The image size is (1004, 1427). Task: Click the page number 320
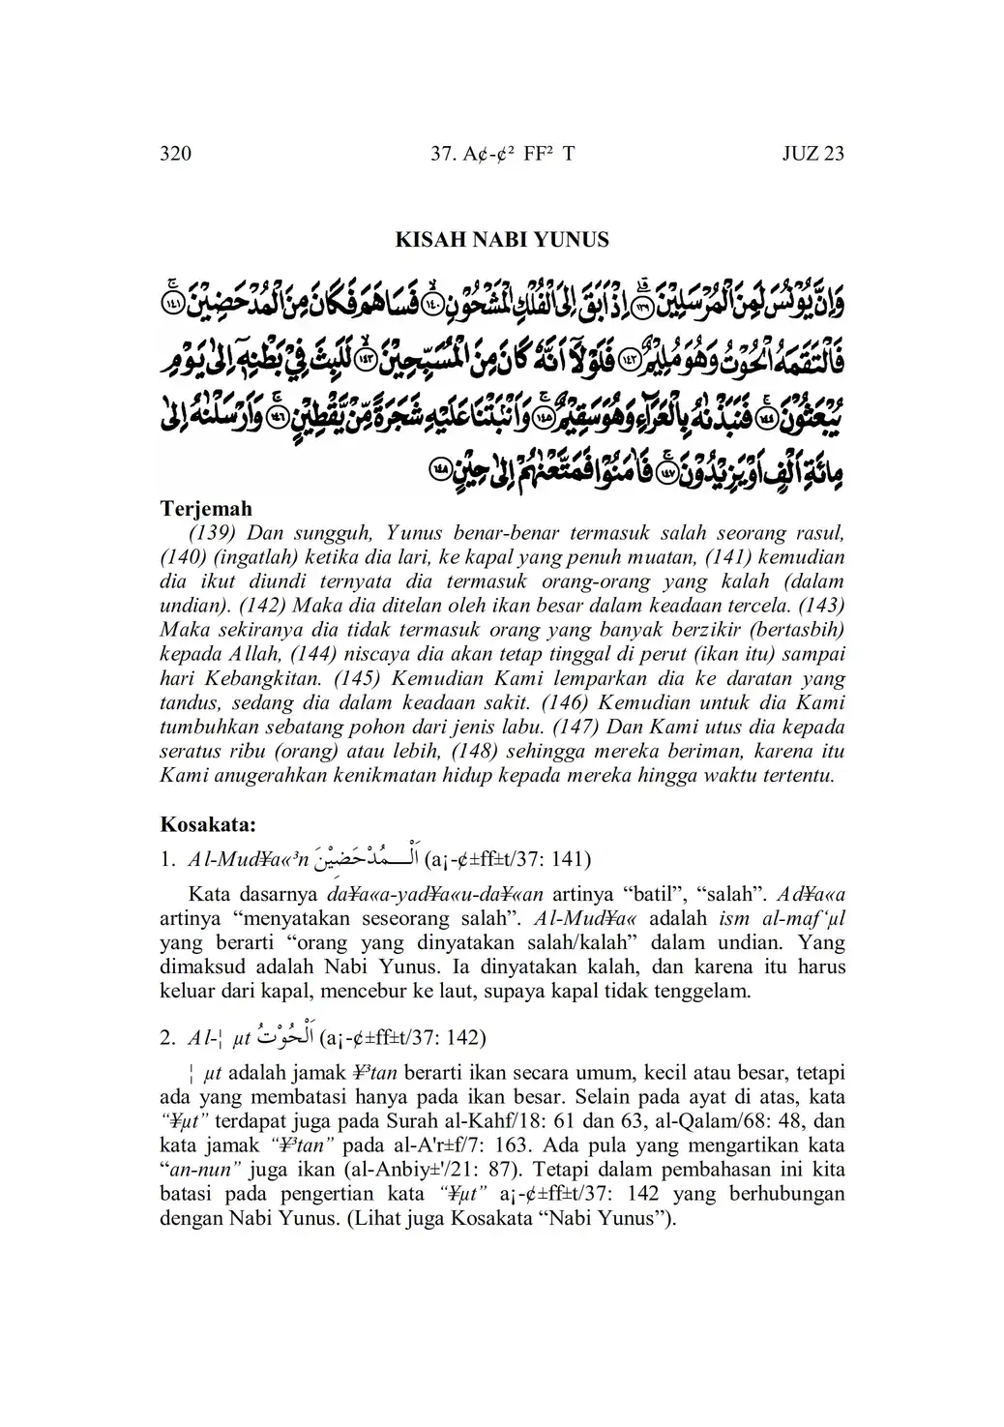point(175,154)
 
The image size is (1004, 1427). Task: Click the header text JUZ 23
point(812,154)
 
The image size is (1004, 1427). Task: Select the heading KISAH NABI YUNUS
point(502,240)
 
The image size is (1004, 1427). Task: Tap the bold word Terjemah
point(205,508)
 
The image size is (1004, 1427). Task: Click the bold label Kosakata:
point(208,825)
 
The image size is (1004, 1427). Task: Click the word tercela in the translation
point(757,606)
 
